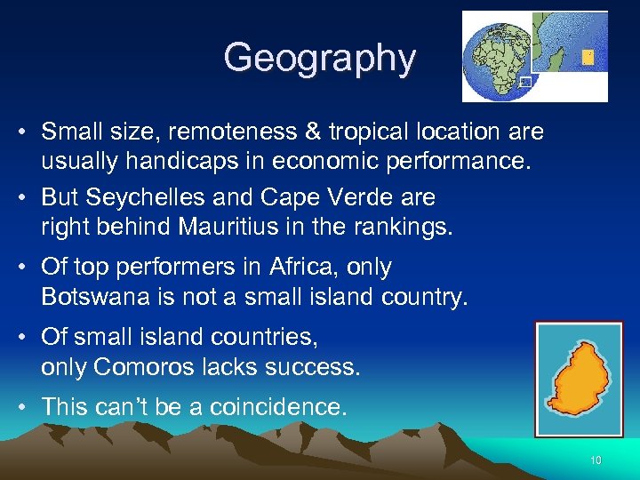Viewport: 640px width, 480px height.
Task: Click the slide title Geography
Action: click(319, 58)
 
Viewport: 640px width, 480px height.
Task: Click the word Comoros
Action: click(147, 367)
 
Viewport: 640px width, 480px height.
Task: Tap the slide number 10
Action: click(596, 460)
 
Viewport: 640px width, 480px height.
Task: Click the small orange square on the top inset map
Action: click(588, 57)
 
